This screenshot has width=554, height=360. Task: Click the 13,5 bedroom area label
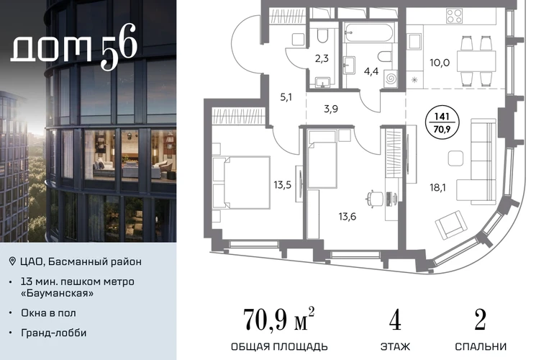[x=282, y=184]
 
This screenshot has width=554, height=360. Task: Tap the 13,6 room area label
[x=348, y=216]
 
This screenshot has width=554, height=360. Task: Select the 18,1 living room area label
[x=437, y=187]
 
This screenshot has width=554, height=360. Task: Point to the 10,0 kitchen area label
[x=440, y=63]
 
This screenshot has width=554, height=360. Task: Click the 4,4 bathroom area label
[x=371, y=71]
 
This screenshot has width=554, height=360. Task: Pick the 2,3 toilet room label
[x=322, y=58]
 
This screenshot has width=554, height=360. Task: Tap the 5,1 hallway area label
[x=286, y=97]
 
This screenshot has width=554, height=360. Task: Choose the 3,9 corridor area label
[x=331, y=109]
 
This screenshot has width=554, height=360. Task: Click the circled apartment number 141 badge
[x=442, y=122]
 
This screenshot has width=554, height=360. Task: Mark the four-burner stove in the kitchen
[x=454, y=16]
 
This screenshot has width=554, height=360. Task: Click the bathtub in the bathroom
[x=368, y=33]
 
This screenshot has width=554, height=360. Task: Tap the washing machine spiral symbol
[x=391, y=79]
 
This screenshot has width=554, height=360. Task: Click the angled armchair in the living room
[x=449, y=225]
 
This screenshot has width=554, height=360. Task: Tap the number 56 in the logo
[x=119, y=46]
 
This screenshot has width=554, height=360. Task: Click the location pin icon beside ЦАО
[x=12, y=261]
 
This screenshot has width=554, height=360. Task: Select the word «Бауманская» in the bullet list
[x=58, y=293]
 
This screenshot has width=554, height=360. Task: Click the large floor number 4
[x=395, y=320]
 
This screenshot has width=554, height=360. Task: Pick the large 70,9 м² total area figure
[x=278, y=319]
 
